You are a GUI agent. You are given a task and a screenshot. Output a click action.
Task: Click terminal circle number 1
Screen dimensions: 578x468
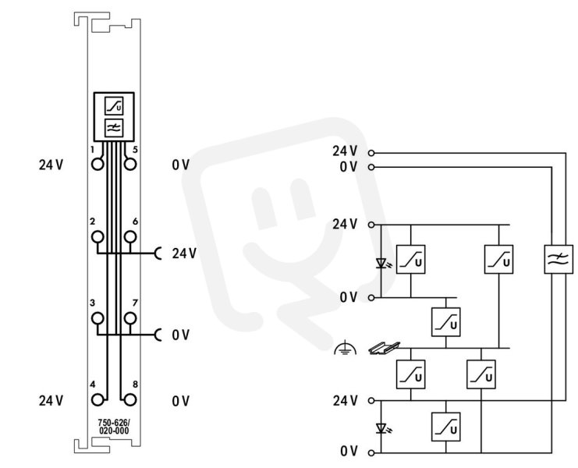point(98,164)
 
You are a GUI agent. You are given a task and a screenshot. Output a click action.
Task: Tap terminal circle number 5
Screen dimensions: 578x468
point(130,164)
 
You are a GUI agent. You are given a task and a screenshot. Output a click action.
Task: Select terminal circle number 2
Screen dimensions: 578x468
point(98,236)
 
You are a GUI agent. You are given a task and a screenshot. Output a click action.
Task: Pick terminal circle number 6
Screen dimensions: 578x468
point(130,236)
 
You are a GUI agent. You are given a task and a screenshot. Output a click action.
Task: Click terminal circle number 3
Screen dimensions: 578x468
point(98,318)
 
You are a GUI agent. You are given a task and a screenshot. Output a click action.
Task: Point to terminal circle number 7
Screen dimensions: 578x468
point(130,318)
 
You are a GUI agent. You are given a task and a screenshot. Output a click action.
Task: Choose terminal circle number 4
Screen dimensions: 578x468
point(98,400)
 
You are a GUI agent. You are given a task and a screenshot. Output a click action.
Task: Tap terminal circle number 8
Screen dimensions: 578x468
point(130,400)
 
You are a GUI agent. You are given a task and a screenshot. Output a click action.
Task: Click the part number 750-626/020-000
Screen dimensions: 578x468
point(114,427)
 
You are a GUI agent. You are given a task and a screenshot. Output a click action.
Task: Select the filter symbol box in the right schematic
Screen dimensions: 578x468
point(558,259)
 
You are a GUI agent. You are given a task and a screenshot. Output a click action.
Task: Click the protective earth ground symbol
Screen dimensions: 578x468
point(345,347)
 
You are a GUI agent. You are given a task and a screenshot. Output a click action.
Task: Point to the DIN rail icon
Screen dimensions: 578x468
point(384,348)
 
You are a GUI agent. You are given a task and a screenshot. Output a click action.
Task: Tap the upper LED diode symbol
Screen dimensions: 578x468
point(382,263)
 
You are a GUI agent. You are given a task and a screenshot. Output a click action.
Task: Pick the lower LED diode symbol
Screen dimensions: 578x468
point(382,428)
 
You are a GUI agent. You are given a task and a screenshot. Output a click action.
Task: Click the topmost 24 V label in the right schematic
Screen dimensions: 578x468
point(345,151)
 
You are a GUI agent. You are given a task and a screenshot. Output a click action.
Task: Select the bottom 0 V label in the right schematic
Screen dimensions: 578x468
point(349,451)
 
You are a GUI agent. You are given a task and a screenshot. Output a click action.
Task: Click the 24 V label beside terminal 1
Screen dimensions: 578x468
point(51,165)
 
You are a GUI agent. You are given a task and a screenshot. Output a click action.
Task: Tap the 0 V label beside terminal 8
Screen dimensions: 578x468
point(181,401)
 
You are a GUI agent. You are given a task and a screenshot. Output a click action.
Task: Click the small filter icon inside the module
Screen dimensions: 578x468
point(114,128)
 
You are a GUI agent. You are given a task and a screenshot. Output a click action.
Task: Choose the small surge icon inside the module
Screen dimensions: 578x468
point(114,106)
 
